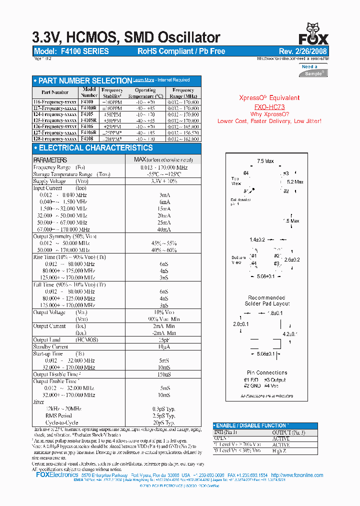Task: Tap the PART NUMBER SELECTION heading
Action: [x=85, y=80]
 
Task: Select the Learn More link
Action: [x=143, y=80]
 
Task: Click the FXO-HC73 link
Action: [x=269, y=107]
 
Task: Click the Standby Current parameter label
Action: [x=51, y=346]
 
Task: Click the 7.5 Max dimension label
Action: [x=265, y=161]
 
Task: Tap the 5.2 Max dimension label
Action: [x=295, y=182]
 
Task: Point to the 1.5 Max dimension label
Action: [x=291, y=220]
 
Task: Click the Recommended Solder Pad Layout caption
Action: [x=267, y=300]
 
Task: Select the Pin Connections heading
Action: [x=267, y=372]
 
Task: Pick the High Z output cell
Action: [x=280, y=451]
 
